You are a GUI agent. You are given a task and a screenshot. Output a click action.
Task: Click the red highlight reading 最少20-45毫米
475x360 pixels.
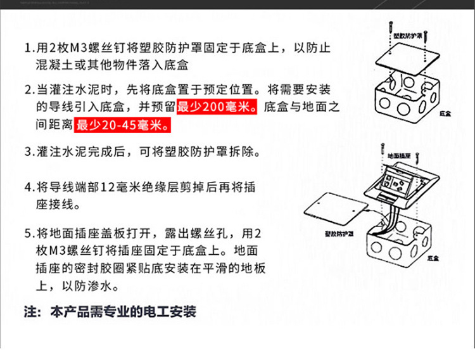pos(123,125)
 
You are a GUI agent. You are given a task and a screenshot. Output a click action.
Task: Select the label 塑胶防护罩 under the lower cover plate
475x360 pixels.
pos(339,233)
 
